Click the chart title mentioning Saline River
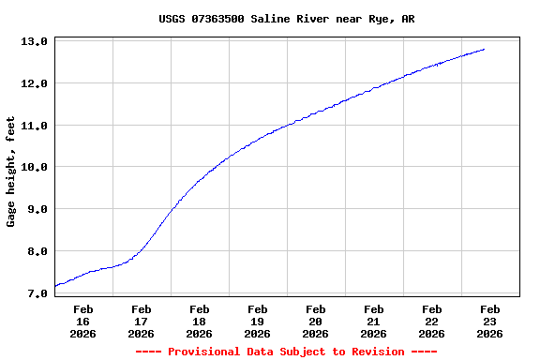[286, 19]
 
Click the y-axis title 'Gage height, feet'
[11, 172]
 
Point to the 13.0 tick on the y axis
[34, 42]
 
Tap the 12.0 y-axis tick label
[34, 83]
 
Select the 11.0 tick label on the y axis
[34, 126]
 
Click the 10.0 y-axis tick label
[34, 167]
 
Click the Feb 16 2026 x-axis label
[82, 321]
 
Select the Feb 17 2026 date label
[141, 321]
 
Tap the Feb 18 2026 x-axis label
[199, 321]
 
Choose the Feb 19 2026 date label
[257, 321]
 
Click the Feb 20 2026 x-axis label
[315, 321]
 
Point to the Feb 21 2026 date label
[373, 321]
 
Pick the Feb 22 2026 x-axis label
[431, 321]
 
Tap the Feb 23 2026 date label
[489, 321]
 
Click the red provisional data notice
[286, 352]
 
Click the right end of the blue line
[484, 49]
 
